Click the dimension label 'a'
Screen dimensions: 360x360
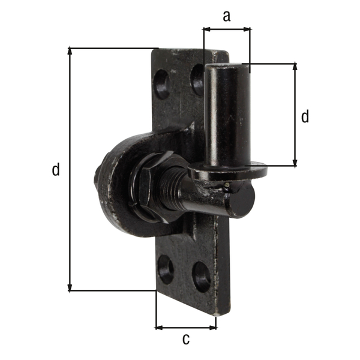tap(226, 16)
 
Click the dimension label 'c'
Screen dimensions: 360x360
tap(186, 339)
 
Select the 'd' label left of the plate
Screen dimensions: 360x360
tap(56, 170)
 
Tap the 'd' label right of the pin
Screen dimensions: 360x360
tap(305, 116)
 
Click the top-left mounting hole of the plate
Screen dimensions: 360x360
tap(162, 85)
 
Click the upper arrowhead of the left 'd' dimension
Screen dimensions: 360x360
tap(71, 52)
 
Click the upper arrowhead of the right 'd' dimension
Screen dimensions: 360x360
tap(295, 67)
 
